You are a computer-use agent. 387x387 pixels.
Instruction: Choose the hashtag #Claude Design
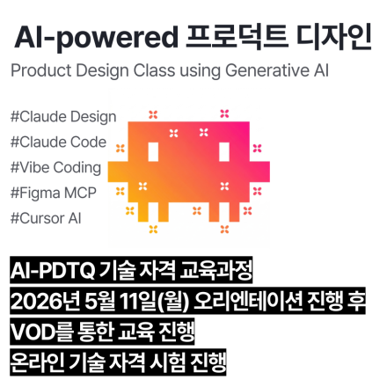pos(62,116)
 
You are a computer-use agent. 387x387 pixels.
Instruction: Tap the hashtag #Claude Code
pos(58,142)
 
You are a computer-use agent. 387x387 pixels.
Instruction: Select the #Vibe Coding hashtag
pos(55,167)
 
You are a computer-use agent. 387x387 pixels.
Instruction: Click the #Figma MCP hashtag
pos(53,192)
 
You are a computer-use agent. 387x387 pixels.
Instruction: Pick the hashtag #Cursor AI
pos(46,217)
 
